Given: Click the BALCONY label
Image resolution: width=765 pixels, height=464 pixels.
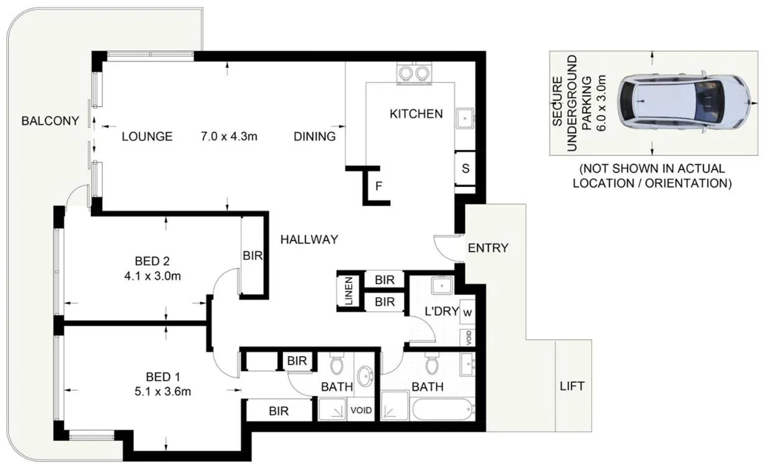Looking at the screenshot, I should tap(50, 121).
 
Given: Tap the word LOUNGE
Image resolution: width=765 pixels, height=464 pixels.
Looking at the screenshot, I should tap(147, 136).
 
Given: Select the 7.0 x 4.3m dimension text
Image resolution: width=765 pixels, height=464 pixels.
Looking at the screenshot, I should tap(228, 136).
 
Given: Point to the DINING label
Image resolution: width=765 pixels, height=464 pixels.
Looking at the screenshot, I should tap(314, 136).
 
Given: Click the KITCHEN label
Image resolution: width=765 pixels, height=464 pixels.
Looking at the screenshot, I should tap(416, 113).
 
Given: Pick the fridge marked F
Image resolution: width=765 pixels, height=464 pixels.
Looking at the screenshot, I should tap(378, 186).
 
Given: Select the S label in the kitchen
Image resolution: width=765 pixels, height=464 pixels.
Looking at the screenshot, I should tap(465, 168).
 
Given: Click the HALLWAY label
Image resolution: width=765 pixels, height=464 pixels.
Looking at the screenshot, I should tap(309, 239).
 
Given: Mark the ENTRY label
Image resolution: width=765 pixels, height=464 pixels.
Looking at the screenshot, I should tap(488, 248).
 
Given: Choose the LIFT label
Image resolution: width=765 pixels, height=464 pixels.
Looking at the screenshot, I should tap(571, 386).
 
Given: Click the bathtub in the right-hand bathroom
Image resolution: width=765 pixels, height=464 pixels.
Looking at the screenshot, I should tap(443, 409).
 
